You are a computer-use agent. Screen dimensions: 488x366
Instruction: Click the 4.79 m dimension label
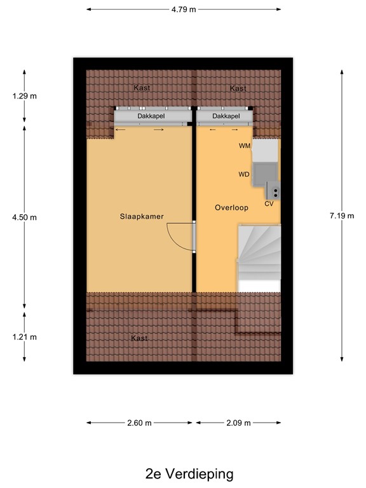(x=184, y=10)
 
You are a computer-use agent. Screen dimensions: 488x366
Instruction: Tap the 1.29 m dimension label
(x=25, y=97)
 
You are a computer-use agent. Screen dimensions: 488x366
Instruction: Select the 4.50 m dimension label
(x=25, y=217)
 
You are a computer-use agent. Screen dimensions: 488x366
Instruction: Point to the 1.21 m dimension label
(x=25, y=337)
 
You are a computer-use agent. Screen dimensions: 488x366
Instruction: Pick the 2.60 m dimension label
(x=139, y=423)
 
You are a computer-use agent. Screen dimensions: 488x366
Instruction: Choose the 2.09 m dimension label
(x=238, y=423)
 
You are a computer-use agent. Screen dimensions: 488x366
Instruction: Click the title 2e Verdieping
(x=189, y=473)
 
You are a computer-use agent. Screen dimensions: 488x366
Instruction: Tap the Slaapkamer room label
(x=142, y=217)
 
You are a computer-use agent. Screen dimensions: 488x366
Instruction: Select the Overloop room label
(x=231, y=208)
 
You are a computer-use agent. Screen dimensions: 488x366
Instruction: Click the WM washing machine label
(x=244, y=146)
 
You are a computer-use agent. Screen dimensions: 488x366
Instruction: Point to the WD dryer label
(x=244, y=174)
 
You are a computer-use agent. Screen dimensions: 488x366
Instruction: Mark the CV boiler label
(x=269, y=204)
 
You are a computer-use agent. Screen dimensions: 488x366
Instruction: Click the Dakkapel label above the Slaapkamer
(x=151, y=117)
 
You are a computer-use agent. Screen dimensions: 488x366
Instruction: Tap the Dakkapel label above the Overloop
(x=226, y=117)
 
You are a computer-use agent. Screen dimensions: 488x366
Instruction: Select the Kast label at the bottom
(x=139, y=338)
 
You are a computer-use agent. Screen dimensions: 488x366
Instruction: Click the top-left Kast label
(x=142, y=88)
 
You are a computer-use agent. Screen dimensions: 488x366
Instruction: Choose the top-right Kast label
(x=238, y=88)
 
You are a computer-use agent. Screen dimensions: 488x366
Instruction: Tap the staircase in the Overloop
(x=259, y=254)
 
